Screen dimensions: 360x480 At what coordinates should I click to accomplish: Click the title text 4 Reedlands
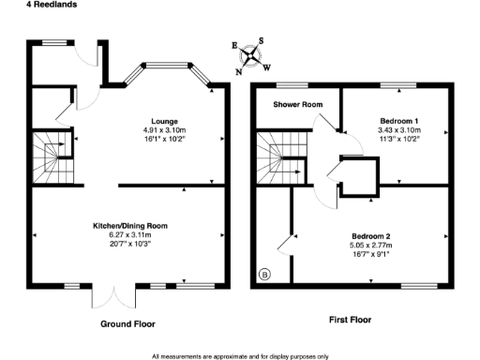click(x=26, y=5)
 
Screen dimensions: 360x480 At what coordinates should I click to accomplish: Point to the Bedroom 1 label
click(x=399, y=122)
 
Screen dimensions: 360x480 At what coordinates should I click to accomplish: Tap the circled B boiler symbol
click(x=264, y=276)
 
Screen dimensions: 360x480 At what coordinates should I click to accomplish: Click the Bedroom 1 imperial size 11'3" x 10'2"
click(x=399, y=139)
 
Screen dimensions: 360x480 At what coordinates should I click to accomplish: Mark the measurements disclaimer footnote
click(x=239, y=355)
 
